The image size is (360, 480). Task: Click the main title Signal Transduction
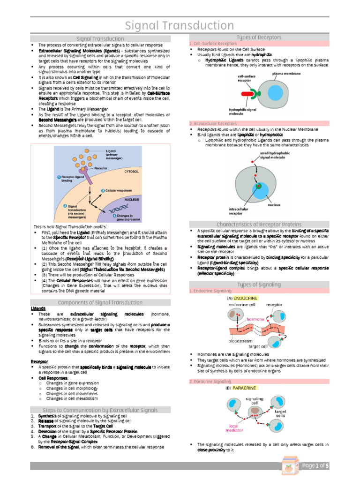point(180,25)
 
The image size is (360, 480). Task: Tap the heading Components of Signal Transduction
point(100,302)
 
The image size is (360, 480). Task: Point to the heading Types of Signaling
point(259,285)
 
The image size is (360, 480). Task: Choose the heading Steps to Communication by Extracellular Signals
point(100,409)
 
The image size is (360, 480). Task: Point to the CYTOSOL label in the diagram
point(131,172)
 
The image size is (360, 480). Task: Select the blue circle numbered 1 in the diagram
point(59,177)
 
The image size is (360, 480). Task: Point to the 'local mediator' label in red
point(234,428)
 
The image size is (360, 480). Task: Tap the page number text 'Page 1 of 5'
point(315,466)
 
